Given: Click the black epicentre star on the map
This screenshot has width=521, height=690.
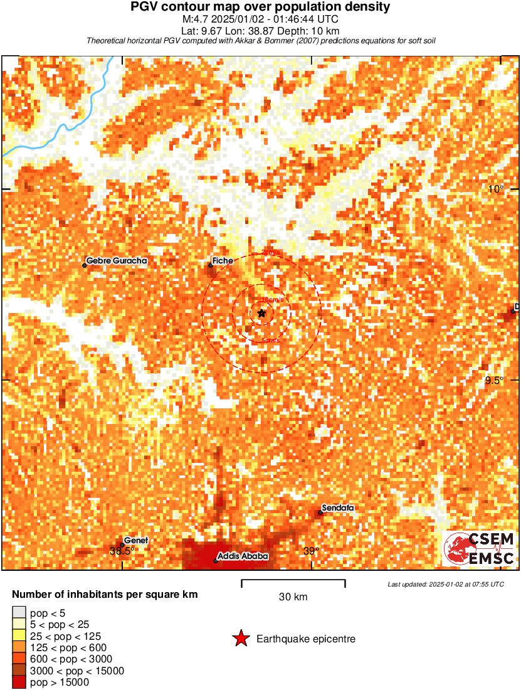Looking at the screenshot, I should pos(261,312).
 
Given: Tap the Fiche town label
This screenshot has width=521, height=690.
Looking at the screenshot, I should pos(223,260).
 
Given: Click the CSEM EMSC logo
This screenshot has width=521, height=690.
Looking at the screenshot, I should pos(480,549).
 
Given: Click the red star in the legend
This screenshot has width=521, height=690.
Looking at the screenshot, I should pos(240,639).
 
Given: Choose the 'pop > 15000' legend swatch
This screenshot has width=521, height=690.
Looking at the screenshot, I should pos(19,682).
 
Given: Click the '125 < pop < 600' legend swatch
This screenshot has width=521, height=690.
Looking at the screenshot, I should pos(19,647).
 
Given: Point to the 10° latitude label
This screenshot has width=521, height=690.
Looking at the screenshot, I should pos(497,189).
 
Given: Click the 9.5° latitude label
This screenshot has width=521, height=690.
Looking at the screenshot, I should pos(493,381).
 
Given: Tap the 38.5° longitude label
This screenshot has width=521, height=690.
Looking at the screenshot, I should pos(122,551).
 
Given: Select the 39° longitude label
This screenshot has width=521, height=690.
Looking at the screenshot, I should pos(311,551).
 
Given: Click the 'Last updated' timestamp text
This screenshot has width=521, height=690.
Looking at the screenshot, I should pos(446,584).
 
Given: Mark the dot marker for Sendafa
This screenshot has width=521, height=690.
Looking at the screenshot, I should pos(320,512).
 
